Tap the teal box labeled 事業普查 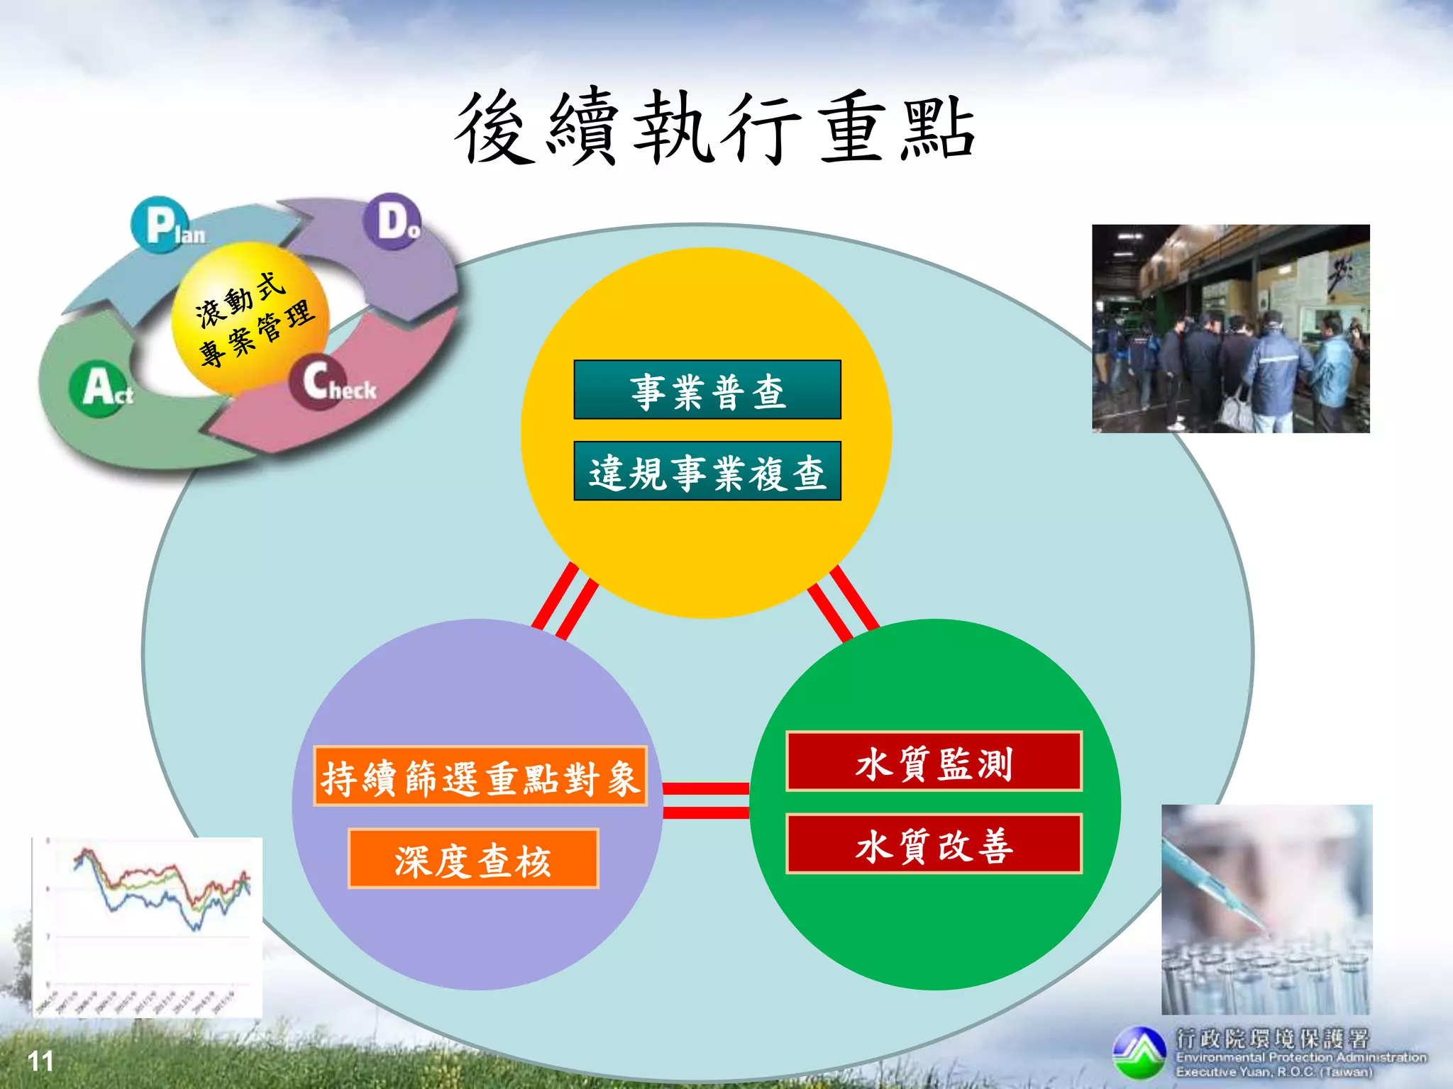pos(707,390)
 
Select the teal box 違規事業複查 pos(707,471)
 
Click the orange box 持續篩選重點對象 pos(480,776)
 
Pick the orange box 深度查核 pos(473,859)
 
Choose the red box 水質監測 pos(934,761)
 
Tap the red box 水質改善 pos(934,844)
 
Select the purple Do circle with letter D pos(392,220)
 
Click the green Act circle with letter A pos(99,388)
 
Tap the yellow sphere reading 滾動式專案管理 pos(250,318)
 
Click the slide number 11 pos(40,1061)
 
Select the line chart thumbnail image pos(147,927)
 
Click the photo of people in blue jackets pos(1230,328)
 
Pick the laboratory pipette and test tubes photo pos(1266,910)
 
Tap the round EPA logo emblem pos(1139,1052)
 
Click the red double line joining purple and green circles pos(706,800)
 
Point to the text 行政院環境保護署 pos(1271,1039)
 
